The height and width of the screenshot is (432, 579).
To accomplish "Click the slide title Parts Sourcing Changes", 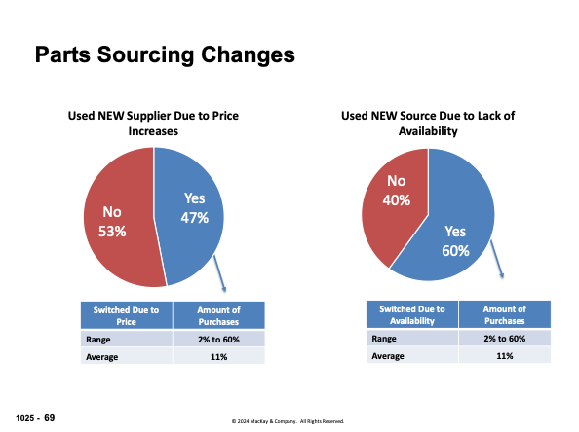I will pos(164,54).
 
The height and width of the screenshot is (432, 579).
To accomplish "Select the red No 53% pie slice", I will pos(110,221).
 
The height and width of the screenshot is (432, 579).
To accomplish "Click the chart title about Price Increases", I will pos(152,123).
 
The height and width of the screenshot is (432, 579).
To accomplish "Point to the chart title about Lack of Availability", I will pos(427,123).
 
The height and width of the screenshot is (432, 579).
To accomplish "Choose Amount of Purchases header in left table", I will pos(218,315).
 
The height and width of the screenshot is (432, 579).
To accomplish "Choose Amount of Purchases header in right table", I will pos(504,314).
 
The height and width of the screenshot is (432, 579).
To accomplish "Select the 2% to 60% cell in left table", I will pos(218,339).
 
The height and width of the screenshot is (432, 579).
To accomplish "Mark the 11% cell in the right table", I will pos(504,356).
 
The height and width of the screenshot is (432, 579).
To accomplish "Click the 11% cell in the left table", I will pos(218,357).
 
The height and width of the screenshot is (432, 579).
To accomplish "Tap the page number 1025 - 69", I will pos(35,416).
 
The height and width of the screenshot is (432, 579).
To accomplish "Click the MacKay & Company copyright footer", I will pos(288,421).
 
